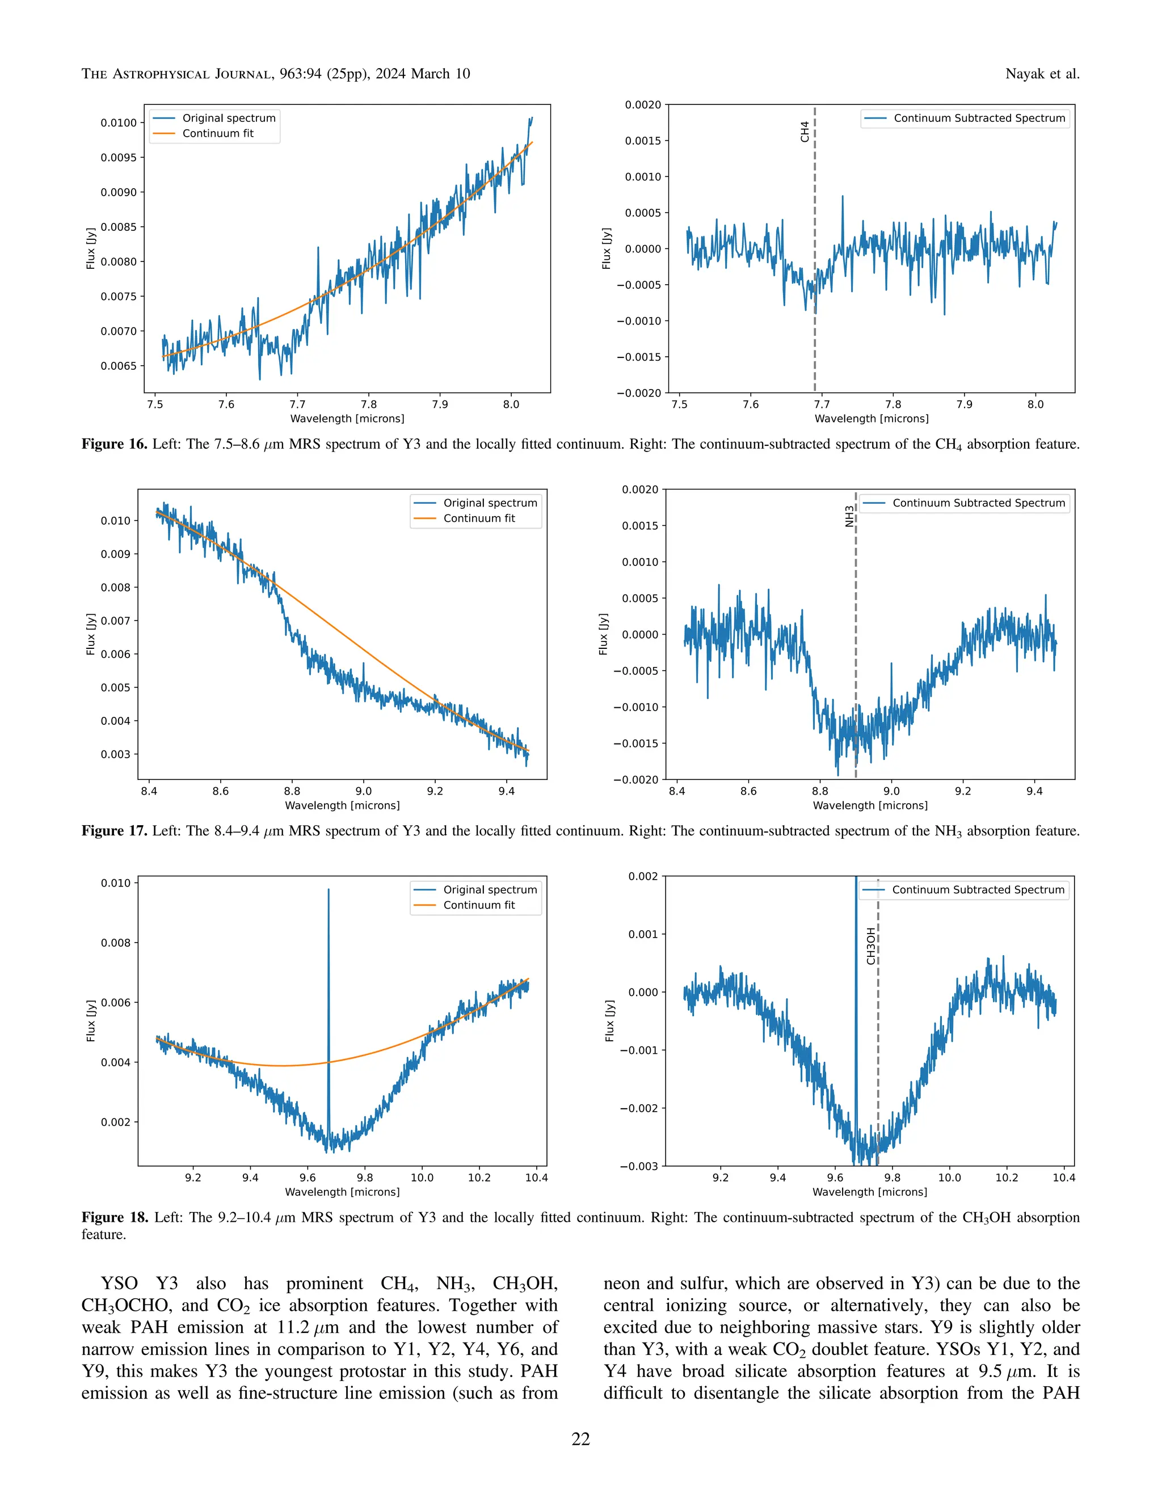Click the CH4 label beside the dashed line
(805, 132)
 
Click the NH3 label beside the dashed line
(849, 516)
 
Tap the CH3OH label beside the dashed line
(871, 945)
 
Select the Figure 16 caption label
(114, 444)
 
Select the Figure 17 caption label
(114, 831)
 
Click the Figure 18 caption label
(114, 1217)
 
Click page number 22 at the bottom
(580, 1439)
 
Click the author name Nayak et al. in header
(1042, 74)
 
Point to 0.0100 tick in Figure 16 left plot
(119, 123)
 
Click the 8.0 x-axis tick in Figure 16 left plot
(511, 404)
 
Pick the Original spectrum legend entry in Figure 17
(490, 503)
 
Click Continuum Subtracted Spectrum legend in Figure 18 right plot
(978, 890)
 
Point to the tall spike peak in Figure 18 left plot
(329, 890)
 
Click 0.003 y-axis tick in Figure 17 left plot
(115, 754)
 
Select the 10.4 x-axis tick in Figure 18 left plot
(536, 1177)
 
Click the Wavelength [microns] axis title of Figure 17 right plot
(870, 805)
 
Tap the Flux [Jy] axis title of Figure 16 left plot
(91, 248)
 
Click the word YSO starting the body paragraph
(119, 1284)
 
